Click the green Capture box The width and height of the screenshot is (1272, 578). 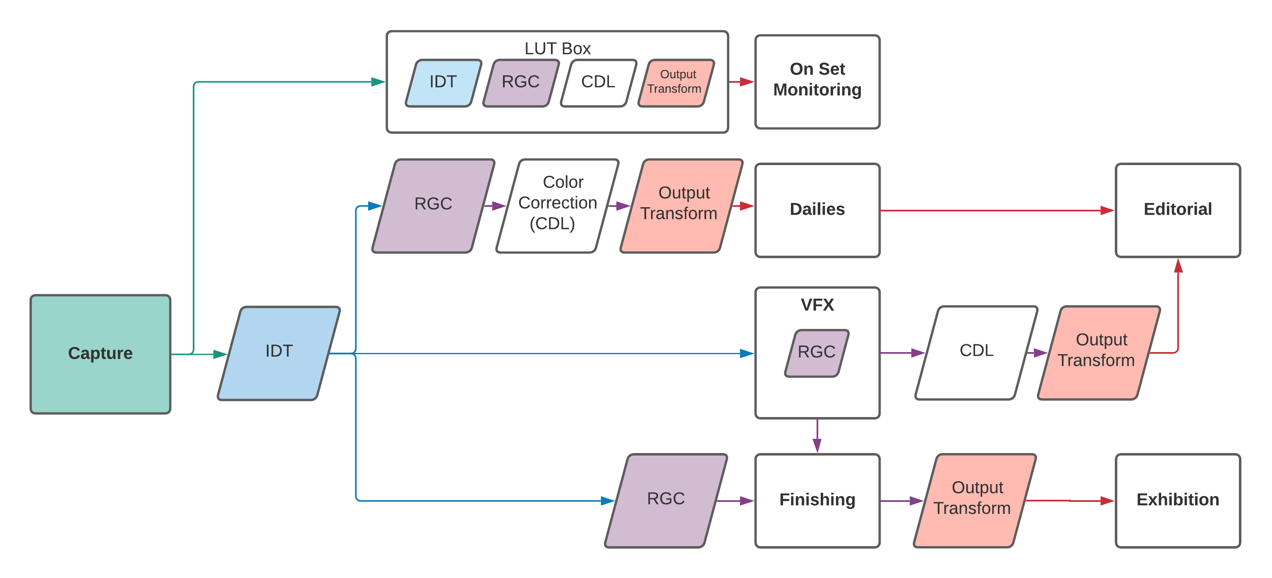point(100,354)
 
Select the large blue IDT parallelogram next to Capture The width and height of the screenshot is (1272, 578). point(279,353)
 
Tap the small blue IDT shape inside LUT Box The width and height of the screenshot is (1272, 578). point(443,82)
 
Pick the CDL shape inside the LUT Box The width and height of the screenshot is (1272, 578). point(598,82)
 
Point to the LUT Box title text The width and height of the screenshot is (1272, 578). point(557,48)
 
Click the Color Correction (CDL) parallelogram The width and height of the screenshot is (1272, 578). point(557,205)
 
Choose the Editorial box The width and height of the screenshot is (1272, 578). point(1177,210)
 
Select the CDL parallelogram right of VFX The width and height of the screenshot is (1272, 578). point(976,352)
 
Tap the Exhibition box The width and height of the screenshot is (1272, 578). point(1177,500)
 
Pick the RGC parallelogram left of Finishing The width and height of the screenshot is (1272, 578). point(666,500)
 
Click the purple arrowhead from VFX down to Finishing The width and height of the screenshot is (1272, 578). point(817,446)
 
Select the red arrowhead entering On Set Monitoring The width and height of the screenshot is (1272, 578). point(747,82)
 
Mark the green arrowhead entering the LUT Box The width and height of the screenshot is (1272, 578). point(378,82)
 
